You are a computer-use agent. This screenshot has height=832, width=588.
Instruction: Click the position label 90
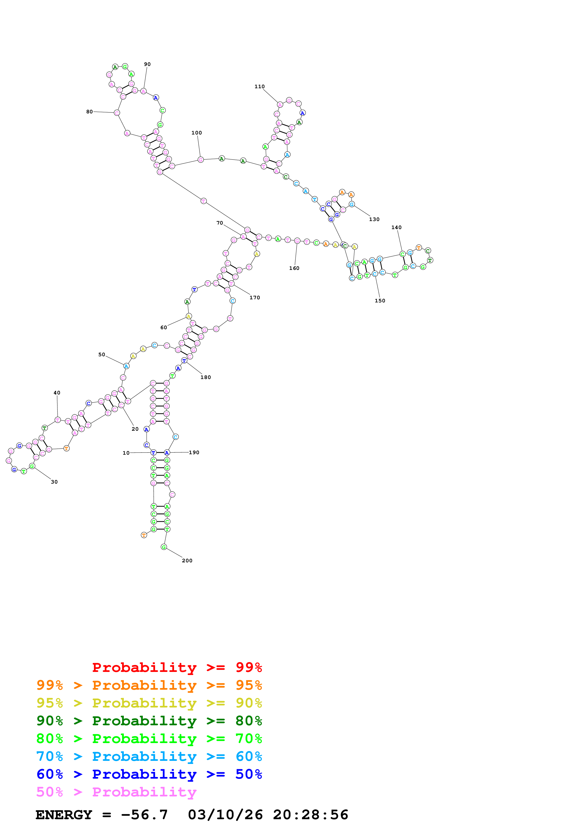point(147,64)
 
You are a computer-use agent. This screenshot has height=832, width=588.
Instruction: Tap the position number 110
point(259,87)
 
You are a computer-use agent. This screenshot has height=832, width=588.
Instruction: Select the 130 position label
point(374,219)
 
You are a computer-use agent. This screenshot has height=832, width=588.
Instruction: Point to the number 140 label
point(396,228)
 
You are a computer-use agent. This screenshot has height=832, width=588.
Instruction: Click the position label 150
point(380,301)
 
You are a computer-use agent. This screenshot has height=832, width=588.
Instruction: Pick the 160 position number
point(294,268)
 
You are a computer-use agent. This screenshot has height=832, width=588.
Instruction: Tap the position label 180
point(205,377)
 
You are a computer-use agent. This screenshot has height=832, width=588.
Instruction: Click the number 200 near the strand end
point(187,561)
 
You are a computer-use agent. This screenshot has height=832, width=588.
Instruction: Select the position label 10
point(126,453)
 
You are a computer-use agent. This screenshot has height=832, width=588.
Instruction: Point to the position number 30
point(54,482)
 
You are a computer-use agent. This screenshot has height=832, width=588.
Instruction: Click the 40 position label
point(57,393)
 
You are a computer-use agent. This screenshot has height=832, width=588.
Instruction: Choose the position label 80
point(89,112)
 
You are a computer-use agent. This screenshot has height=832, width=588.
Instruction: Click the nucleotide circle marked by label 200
point(164,547)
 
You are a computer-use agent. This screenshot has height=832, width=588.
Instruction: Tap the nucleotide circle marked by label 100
point(201,160)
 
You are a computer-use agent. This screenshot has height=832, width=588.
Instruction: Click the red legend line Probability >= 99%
point(177,667)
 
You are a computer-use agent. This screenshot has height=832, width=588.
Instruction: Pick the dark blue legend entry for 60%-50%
point(149,774)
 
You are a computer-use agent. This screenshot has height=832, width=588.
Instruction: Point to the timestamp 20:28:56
point(310,815)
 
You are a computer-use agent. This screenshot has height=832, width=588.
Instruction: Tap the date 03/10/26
point(225,815)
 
